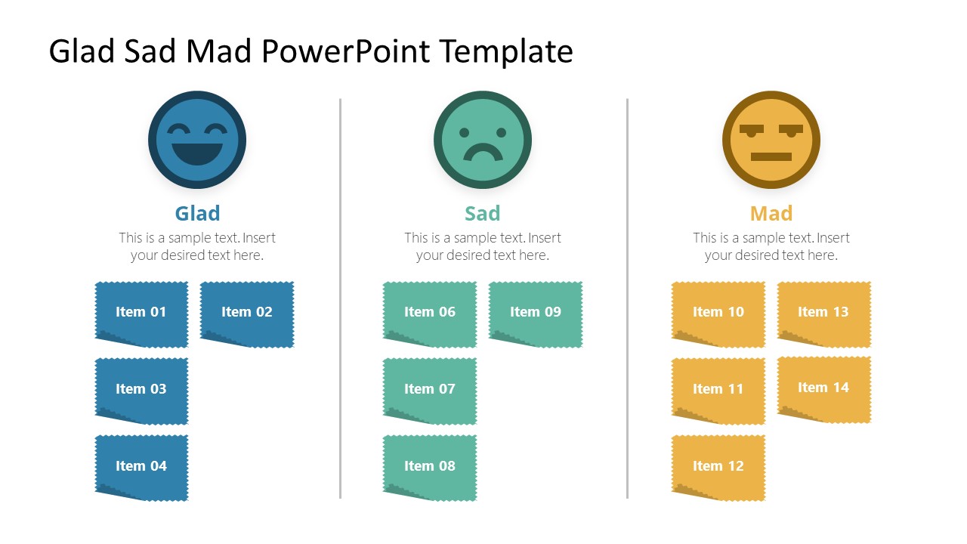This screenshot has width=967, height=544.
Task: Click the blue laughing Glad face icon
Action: (197, 140)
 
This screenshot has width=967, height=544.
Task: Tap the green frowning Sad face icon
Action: (483, 140)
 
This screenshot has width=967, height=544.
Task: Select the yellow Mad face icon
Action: (771, 140)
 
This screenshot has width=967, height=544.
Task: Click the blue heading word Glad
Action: (197, 213)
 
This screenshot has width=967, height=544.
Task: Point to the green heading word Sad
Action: (483, 213)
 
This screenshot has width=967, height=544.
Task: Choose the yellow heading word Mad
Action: (771, 213)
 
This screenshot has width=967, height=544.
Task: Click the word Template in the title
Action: (506, 51)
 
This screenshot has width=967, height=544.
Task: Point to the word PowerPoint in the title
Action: (347, 51)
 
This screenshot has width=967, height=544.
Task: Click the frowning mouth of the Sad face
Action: (483, 153)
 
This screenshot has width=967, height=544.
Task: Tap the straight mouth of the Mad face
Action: (771, 156)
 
